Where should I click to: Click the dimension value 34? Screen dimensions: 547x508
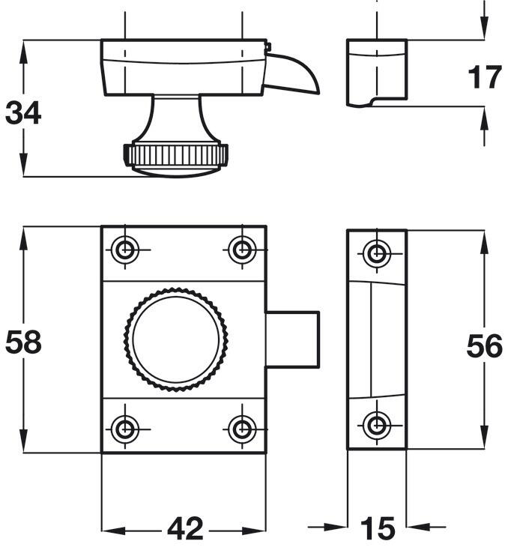(x=23, y=114)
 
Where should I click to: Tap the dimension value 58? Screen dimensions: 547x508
(x=23, y=342)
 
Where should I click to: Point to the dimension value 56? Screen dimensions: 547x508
(x=483, y=347)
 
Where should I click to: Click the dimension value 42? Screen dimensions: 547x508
(x=184, y=529)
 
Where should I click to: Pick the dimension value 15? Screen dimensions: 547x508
(x=377, y=529)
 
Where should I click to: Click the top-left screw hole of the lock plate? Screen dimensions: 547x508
(x=125, y=250)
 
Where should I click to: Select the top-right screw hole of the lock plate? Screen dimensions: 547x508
(x=241, y=250)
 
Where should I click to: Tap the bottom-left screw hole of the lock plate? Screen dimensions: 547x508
(x=125, y=429)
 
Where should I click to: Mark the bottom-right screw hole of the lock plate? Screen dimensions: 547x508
(x=241, y=429)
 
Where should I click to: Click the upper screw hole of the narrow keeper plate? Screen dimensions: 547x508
(x=376, y=253)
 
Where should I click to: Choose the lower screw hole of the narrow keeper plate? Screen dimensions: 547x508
(x=376, y=426)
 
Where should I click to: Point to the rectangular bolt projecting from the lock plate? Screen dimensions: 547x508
(x=294, y=339)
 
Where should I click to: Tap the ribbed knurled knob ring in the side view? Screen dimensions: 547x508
(x=177, y=156)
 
